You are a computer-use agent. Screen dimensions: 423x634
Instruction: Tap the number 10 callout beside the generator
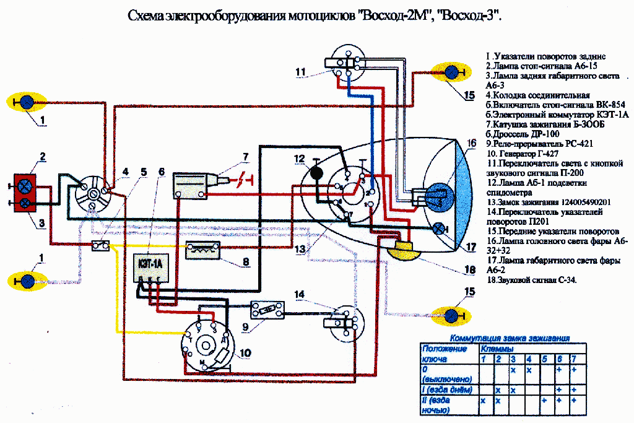click(x=245, y=353)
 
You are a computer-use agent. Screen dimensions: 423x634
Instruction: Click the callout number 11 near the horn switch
click(x=301, y=72)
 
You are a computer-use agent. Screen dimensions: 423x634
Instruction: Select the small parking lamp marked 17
click(x=439, y=227)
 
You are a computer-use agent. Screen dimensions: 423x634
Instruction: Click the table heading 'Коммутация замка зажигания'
click(x=509, y=339)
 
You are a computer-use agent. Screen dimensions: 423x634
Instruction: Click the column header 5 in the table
click(x=544, y=359)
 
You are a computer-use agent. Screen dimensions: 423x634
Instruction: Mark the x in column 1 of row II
click(x=483, y=401)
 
